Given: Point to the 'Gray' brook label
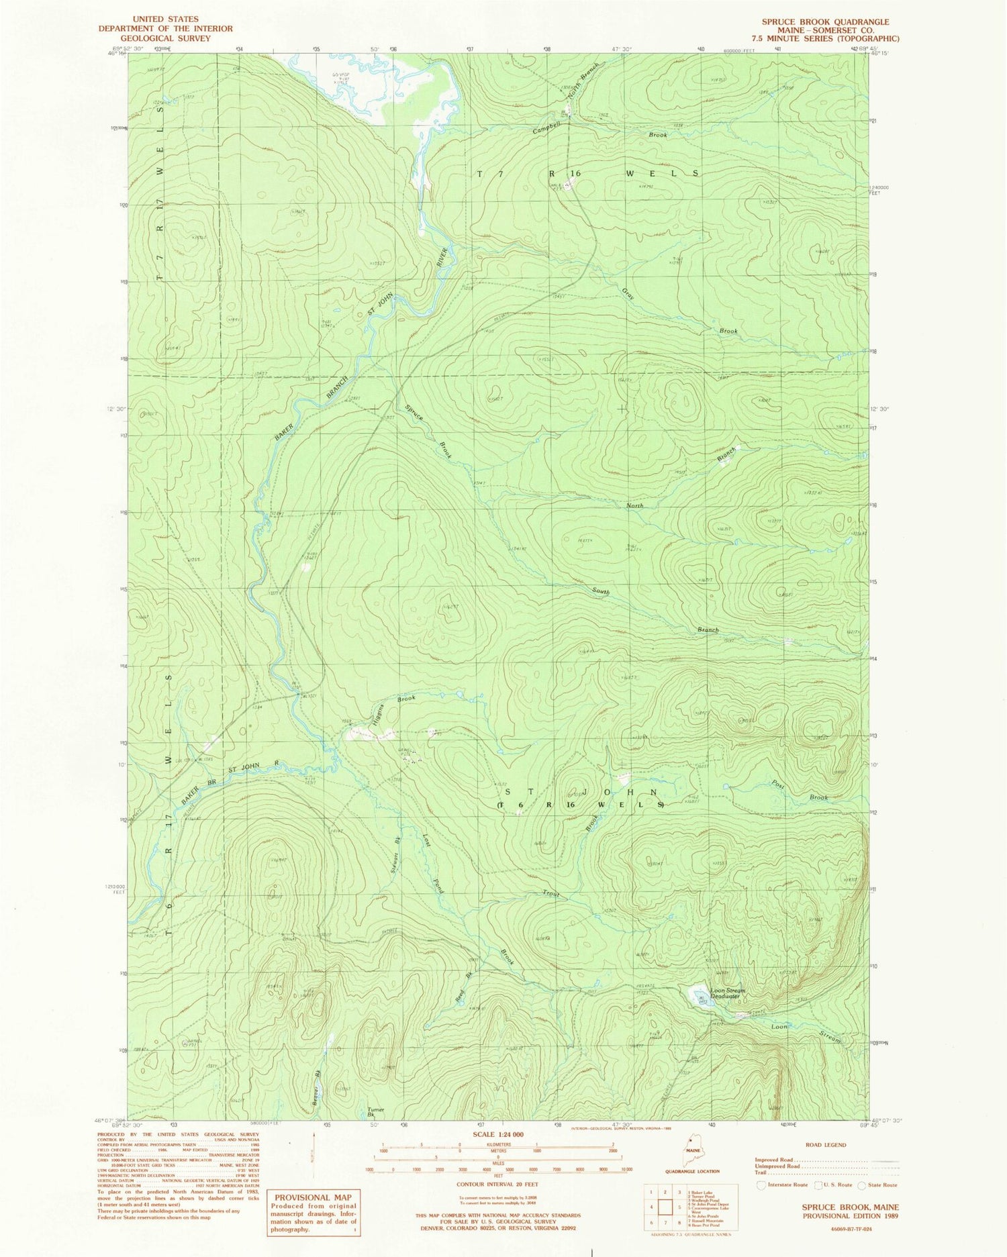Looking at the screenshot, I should (x=628, y=293).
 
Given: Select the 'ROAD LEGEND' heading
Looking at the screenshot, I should (x=825, y=1144).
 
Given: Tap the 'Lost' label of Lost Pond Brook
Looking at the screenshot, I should (x=426, y=840).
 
